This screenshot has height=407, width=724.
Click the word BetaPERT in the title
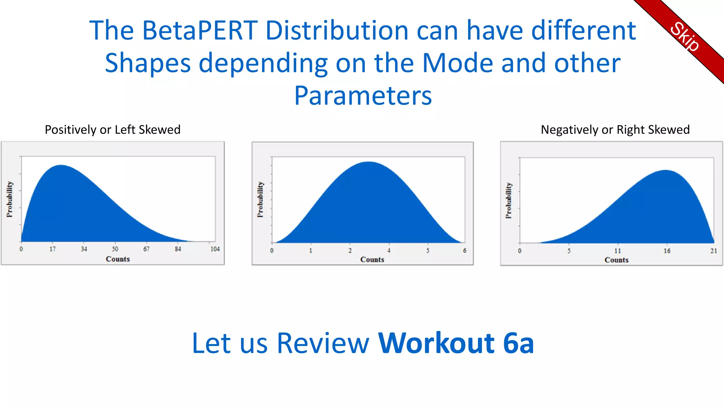[x=200, y=31]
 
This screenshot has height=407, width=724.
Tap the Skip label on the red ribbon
[x=684, y=37]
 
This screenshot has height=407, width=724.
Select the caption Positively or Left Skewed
[x=112, y=130]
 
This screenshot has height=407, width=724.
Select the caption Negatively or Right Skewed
[x=615, y=130]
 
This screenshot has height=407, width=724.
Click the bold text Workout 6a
[x=456, y=343]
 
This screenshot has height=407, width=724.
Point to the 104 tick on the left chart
[x=215, y=249]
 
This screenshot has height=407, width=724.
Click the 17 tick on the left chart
[x=53, y=249]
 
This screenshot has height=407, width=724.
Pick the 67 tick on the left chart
[x=146, y=249]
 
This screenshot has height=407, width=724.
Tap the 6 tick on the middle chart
[x=465, y=250]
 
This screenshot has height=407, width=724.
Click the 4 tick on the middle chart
[x=389, y=250]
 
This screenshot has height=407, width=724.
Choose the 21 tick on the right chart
[x=714, y=251]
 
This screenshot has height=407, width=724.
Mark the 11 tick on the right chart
[x=618, y=251]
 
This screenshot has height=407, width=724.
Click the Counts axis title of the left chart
[x=118, y=259]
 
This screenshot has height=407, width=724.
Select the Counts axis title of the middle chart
[x=372, y=260]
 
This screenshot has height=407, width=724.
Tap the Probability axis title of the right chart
[x=509, y=200]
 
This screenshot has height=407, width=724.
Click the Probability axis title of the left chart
[x=10, y=199]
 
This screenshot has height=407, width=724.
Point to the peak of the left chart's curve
[x=61, y=165]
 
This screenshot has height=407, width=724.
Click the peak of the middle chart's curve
[x=368, y=162]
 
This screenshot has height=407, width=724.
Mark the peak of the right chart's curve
[x=666, y=171]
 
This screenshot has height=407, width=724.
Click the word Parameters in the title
[x=363, y=96]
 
